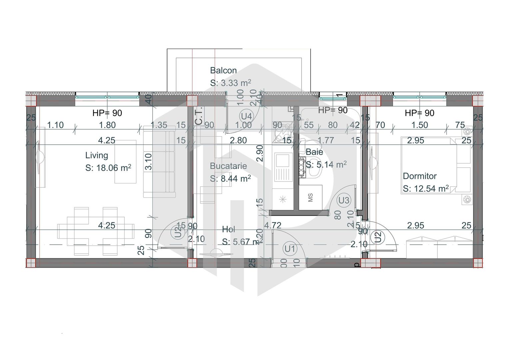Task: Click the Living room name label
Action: tap(97, 155)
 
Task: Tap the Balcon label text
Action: tap(223, 71)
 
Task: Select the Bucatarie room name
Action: tap(228, 166)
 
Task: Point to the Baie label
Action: tap(314, 152)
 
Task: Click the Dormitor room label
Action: tap(420, 176)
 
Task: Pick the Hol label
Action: tap(229, 229)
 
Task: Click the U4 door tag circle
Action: tap(246, 116)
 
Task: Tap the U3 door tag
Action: tap(344, 200)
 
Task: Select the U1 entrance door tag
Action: tap(290, 249)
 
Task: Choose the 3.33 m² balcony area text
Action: tap(230, 83)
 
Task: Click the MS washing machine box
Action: tap(311, 198)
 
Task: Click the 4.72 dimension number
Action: tap(273, 226)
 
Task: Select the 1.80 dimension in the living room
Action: tap(107, 125)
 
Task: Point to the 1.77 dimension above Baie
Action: tap(326, 140)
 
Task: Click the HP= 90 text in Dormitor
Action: tap(419, 113)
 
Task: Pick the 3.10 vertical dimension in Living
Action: tap(149, 161)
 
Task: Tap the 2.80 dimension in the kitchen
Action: tap(238, 140)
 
